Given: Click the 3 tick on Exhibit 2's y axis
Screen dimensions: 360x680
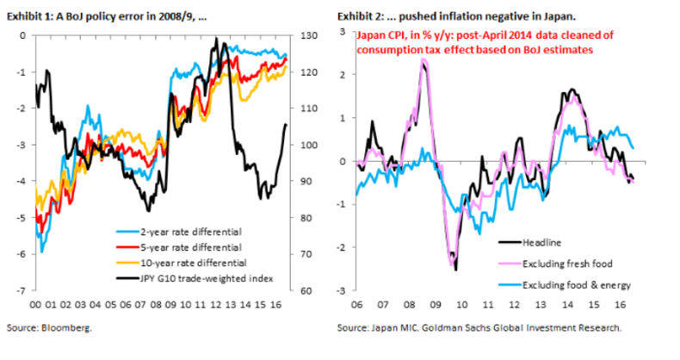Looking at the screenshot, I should click(343, 32).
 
